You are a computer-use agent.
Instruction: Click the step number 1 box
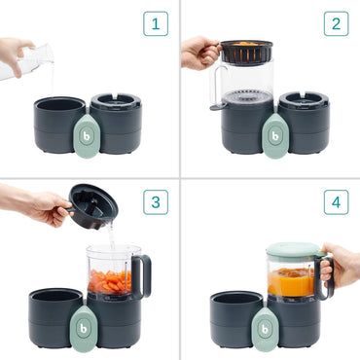pyautogui.click(x=155, y=23)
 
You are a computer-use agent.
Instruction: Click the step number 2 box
pyautogui.click(x=336, y=23)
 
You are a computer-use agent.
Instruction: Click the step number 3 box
pyautogui.click(x=155, y=202)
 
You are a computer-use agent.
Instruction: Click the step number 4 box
pyautogui.click(x=336, y=202)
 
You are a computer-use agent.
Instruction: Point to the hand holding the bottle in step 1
pyautogui.click(x=12, y=51)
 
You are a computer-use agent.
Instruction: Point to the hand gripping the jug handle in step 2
pyautogui.click(x=198, y=51)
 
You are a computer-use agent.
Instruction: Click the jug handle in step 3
pyautogui.click(x=144, y=276)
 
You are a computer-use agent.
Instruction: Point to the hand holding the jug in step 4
pyautogui.click(x=341, y=264)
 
